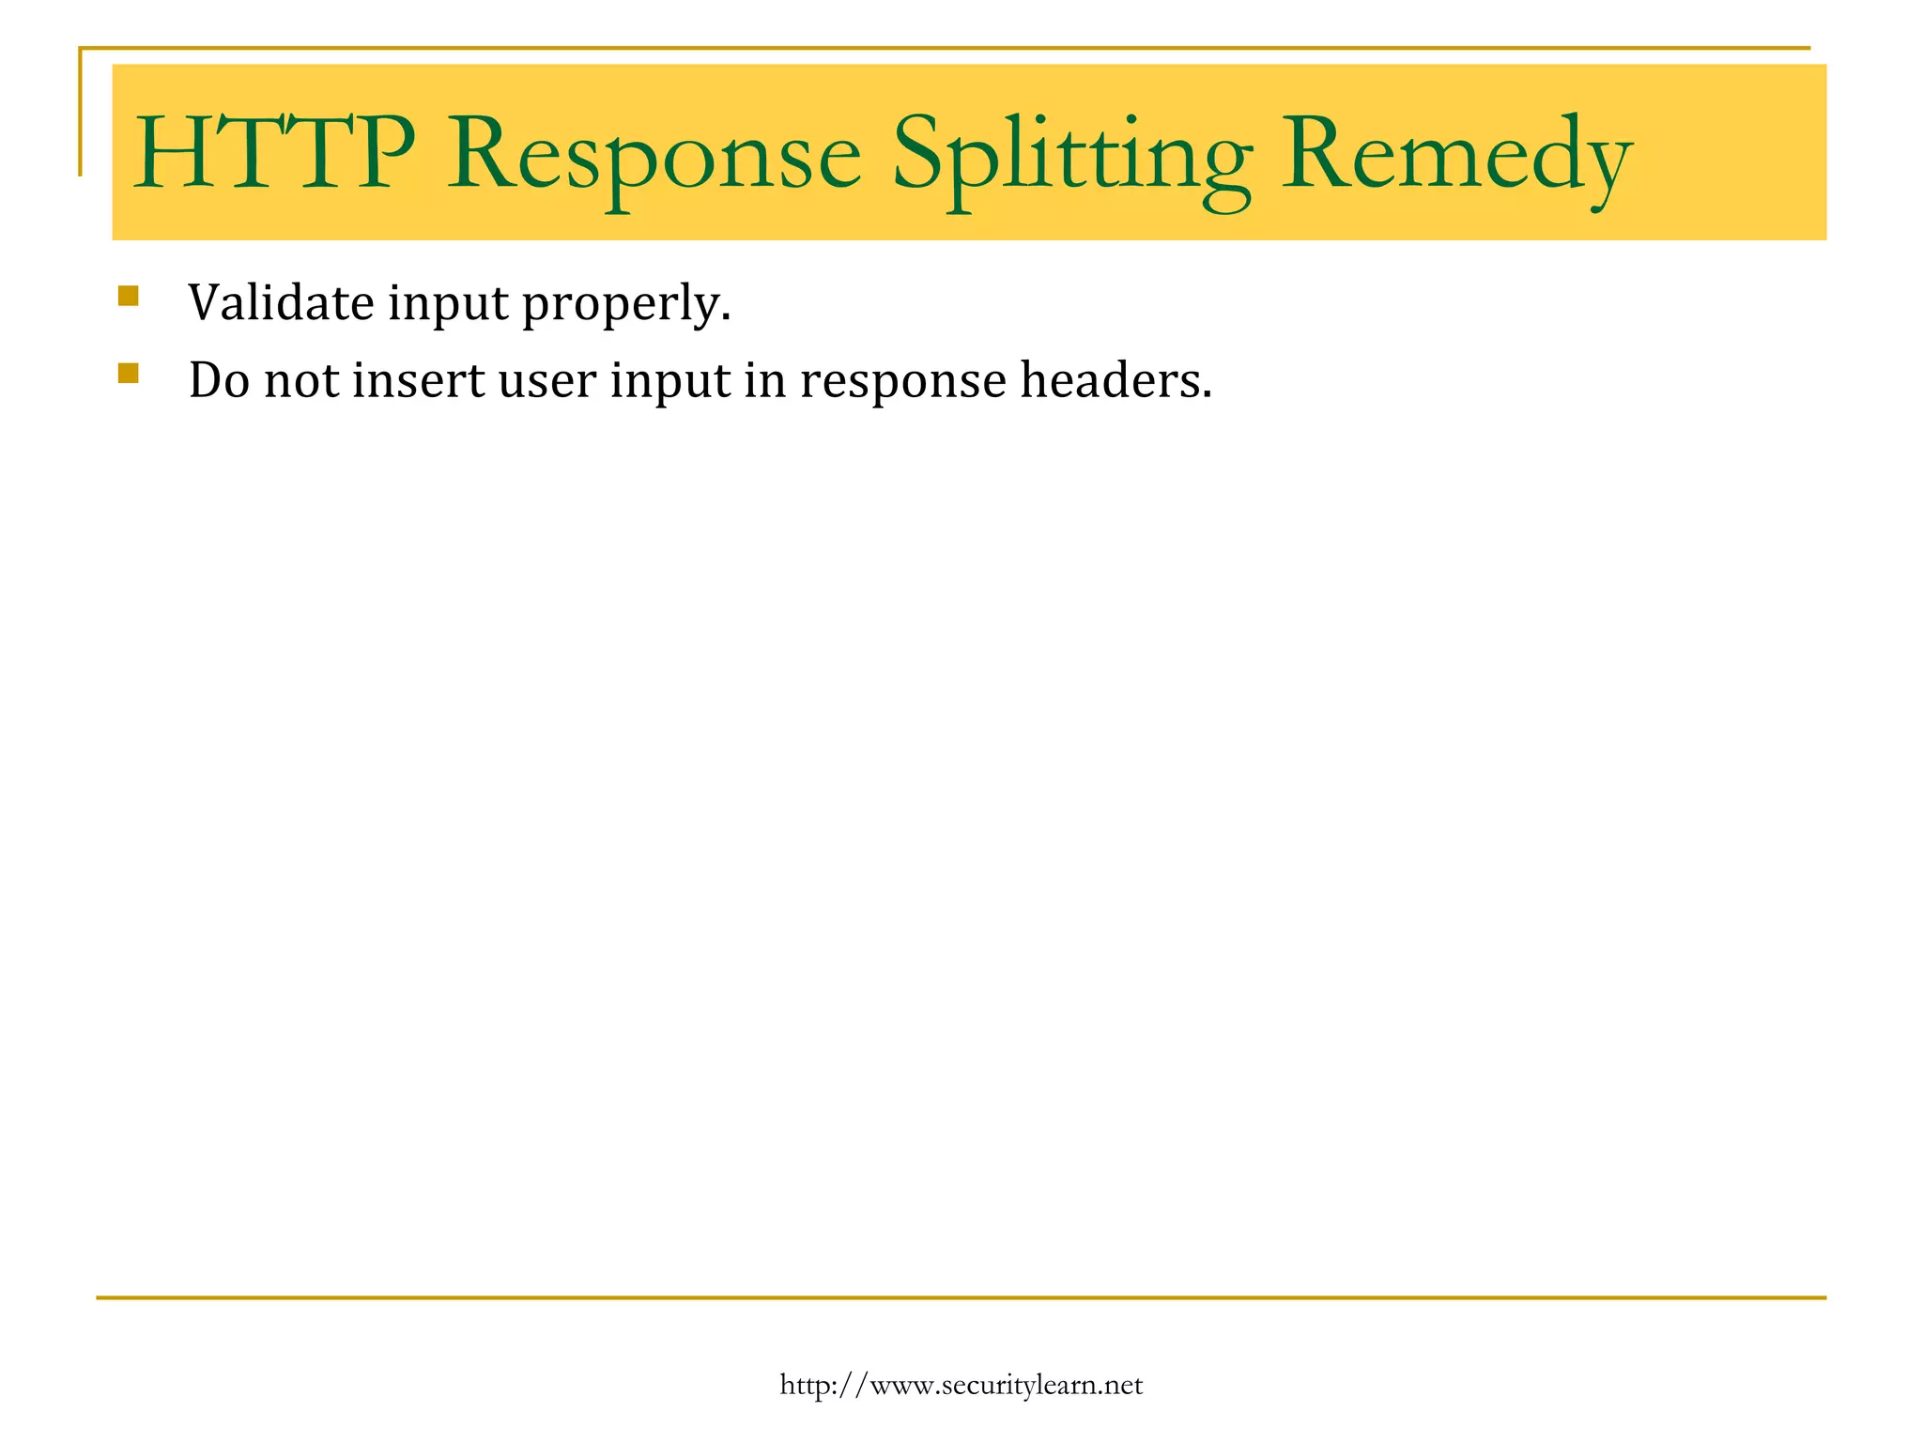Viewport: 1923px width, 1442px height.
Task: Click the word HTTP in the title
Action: (x=274, y=153)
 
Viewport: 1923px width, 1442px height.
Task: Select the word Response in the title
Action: (x=654, y=155)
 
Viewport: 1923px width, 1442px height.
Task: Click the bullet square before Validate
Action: (x=129, y=297)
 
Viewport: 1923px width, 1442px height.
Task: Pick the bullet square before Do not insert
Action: (x=129, y=374)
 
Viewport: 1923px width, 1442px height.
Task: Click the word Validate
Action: (x=281, y=302)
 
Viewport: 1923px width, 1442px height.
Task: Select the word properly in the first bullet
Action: (x=625, y=306)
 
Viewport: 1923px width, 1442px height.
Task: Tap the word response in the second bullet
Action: (x=902, y=384)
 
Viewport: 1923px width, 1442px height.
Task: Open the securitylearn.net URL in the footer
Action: (x=961, y=1386)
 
